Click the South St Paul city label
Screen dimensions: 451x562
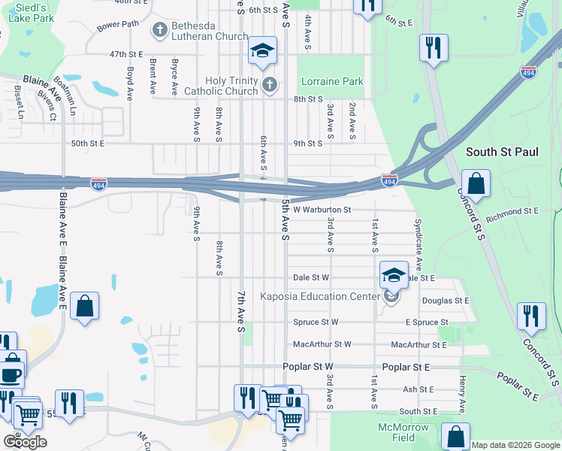(502, 152)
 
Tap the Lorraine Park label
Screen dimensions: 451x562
(331, 81)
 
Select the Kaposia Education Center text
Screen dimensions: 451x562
(320, 296)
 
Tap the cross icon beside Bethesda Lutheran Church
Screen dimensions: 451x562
(159, 30)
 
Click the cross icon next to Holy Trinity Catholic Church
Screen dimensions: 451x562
(270, 86)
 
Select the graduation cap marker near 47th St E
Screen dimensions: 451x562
(261, 51)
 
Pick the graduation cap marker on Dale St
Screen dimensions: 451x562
(393, 274)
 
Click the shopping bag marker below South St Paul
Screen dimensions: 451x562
(476, 183)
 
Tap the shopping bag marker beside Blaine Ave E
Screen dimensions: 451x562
(85, 306)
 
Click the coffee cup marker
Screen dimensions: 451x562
(11, 374)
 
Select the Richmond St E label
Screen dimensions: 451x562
(512, 216)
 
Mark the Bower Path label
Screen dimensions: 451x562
(118, 24)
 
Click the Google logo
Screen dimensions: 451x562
(25, 442)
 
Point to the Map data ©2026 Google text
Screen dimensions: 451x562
(515, 445)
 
